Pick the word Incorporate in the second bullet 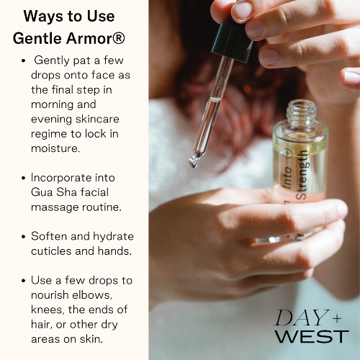click(x=63, y=177)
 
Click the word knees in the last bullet click(x=47, y=310)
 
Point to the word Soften click(x=50, y=236)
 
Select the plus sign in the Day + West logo click(x=337, y=315)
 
